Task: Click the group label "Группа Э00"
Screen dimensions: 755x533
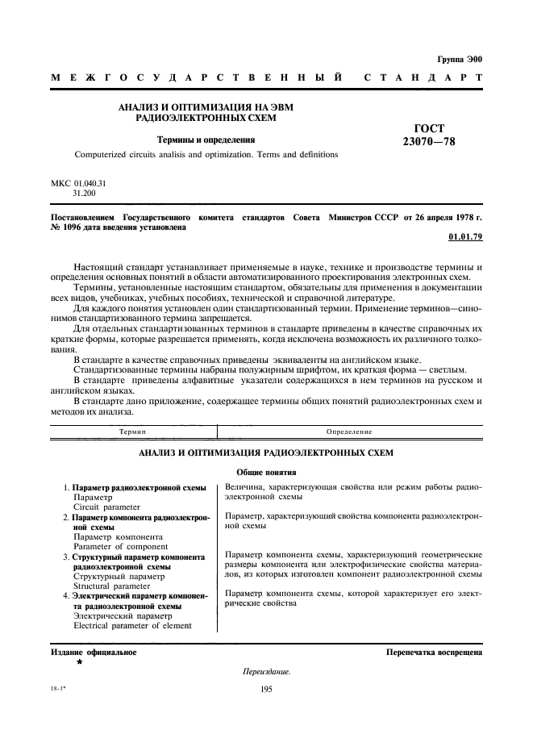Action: click(x=459, y=59)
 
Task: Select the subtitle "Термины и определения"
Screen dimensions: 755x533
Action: click(x=206, y=140)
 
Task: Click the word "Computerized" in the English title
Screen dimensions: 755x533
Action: click(x=102, y=154)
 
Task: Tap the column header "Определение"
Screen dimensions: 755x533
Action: click(x=348, y=432)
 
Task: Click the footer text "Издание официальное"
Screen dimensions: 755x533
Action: click(x=94, y=652)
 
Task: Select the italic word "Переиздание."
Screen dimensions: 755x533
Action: click(x=266, y=672)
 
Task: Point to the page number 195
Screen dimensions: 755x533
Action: click(x=266, y=688)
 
